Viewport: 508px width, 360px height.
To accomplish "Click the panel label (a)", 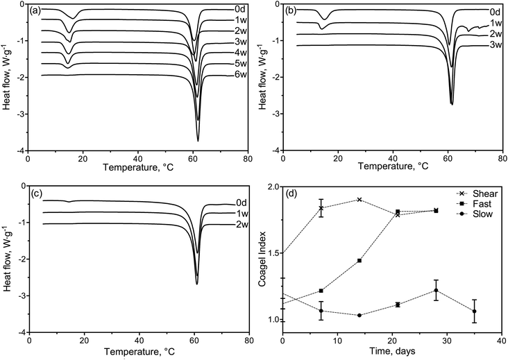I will coord(35,10).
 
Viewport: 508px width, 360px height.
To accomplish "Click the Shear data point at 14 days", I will coord(359,199).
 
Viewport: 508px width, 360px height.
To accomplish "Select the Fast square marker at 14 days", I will coord(359,260).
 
